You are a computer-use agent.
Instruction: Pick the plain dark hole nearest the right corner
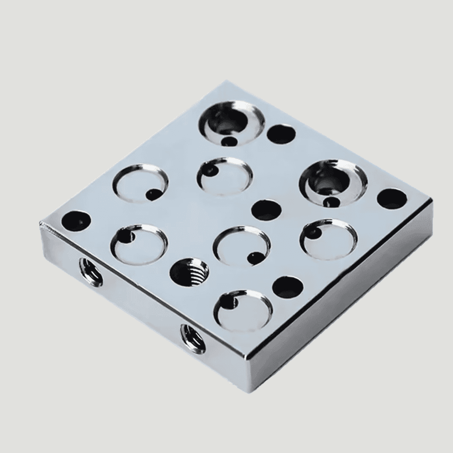tap(391, 199)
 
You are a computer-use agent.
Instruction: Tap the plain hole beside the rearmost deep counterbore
tap(281, 134)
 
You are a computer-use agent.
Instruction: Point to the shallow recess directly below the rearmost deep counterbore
tap(225, 176)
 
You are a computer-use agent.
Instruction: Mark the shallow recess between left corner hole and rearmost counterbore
tap(140, 184)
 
